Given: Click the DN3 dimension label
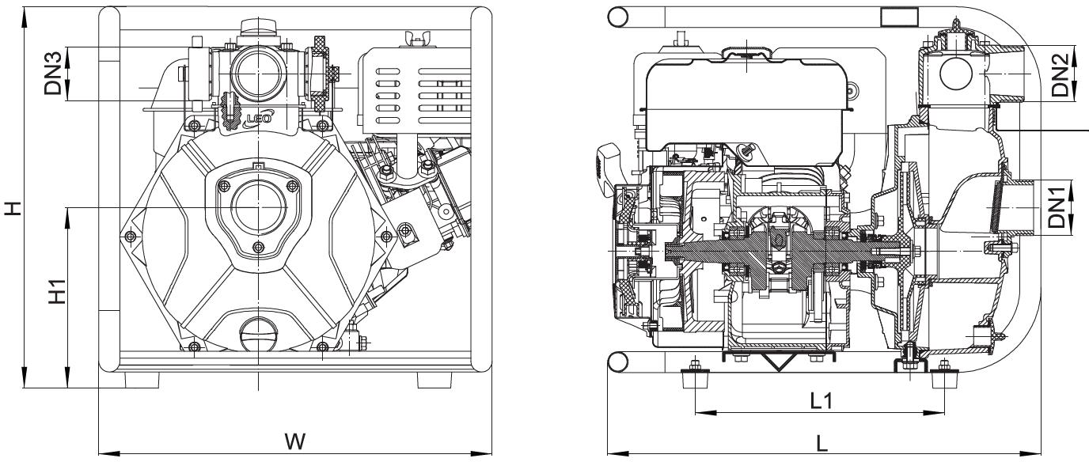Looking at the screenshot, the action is pos(52,74).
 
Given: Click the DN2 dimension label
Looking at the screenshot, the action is pos(1061,75).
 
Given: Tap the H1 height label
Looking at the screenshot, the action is pos(57,291).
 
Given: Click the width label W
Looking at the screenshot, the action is pos(295,441).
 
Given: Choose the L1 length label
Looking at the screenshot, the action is pos(821,401).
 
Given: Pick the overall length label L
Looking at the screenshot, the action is pos(821,443).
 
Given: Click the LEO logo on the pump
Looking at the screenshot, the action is pos(258,118).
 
